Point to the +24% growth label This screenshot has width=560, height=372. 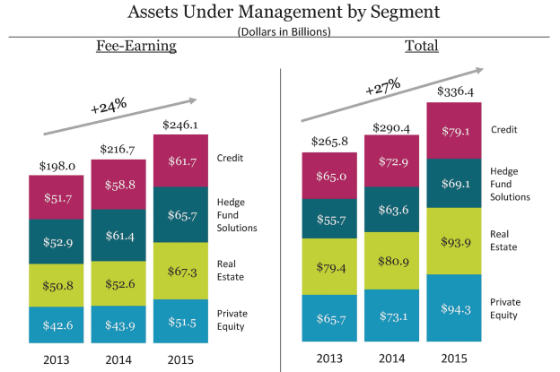[x=109, y=107]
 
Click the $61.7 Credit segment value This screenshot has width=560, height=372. [x=180, y=160]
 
